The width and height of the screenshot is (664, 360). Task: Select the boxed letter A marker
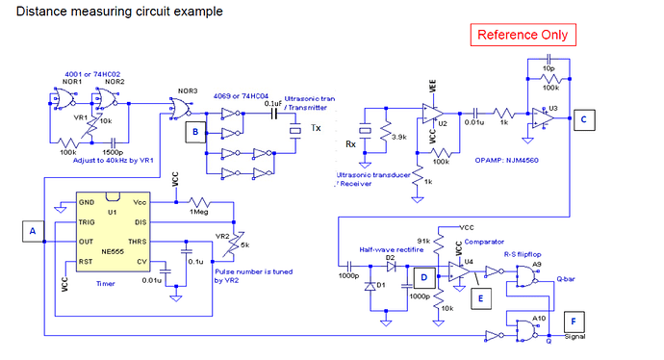[x=32, y=231]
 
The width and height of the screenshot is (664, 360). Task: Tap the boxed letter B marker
[x=196, y=130]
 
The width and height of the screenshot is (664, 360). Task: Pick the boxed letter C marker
[x=585, y=119]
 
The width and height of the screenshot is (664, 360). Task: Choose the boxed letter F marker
[x=575, y=321]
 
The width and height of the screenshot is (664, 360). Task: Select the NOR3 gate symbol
[x=179, y=106]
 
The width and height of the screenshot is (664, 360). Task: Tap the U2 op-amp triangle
[x=430, y=120]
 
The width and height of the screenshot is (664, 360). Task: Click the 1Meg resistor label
[x=200, y=212]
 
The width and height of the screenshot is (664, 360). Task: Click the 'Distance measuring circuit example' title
[x=119, y=12]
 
